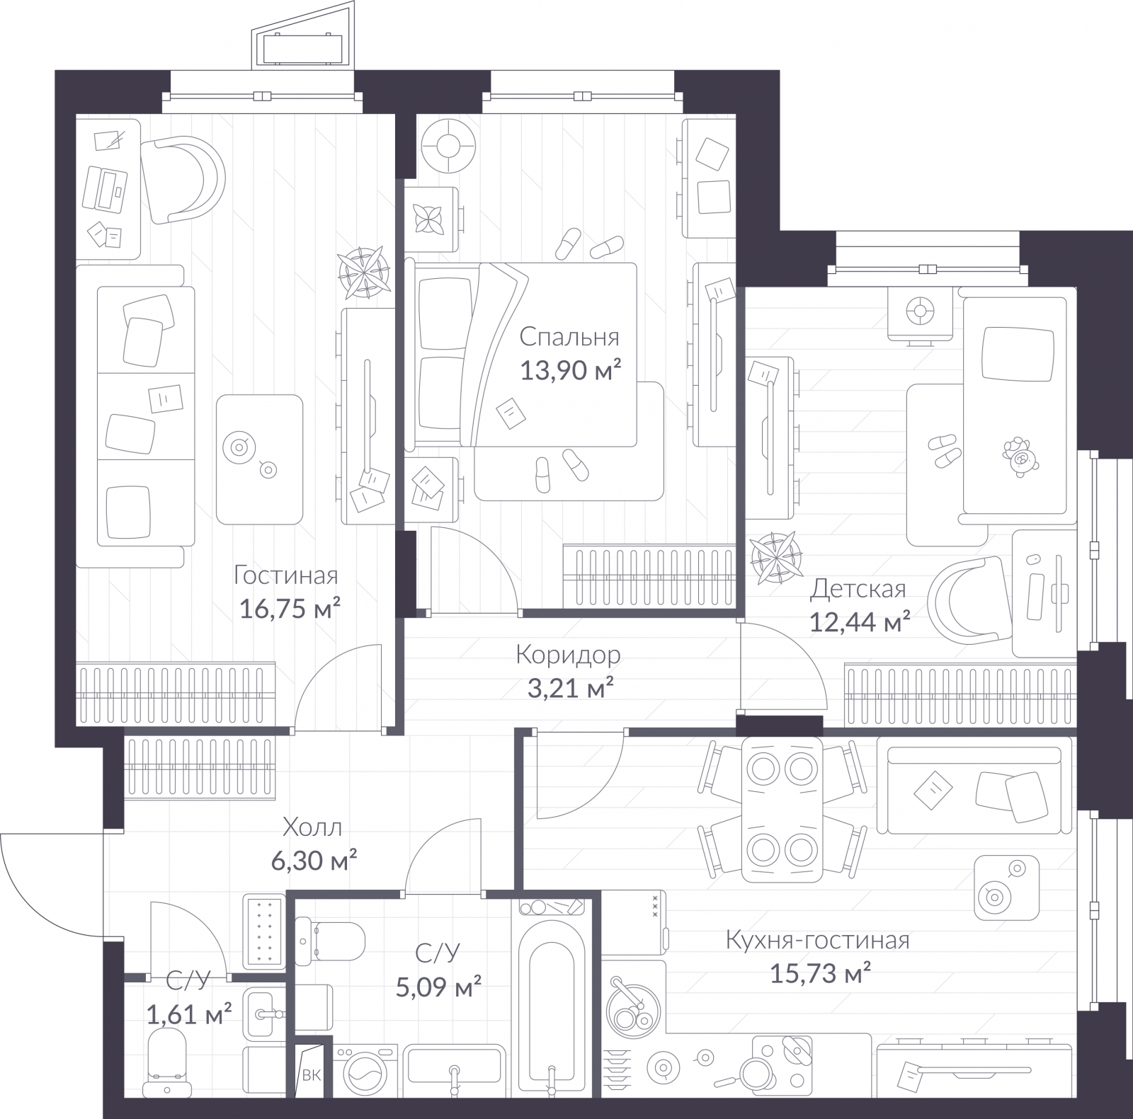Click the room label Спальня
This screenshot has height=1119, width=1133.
[x=569, y=337]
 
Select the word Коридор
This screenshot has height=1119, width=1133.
[x=568, y=655]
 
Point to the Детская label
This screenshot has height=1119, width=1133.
[x=858, y=588]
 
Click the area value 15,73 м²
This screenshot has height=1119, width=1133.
[x=820, y=974]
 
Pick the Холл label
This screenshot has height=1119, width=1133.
[x=312, y=827]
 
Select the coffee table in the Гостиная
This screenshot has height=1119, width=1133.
[x=259, y=459]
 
